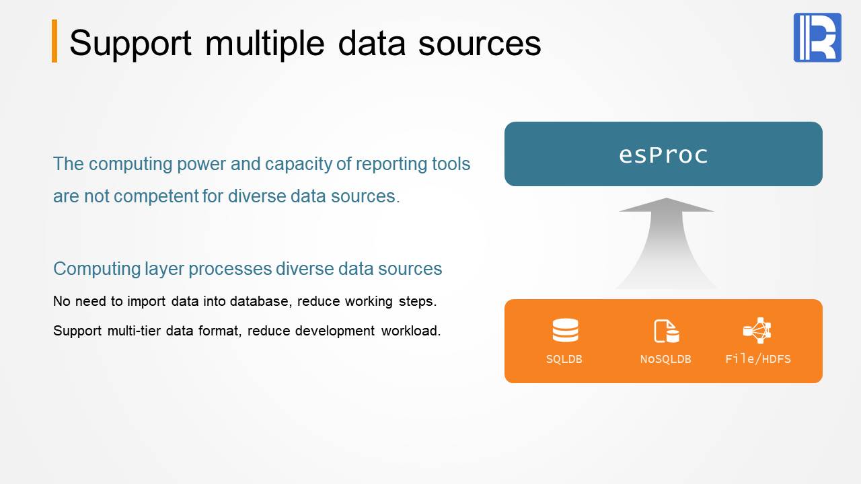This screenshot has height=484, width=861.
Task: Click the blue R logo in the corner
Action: tap(817, 37)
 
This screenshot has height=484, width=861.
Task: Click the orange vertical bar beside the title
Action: tap(54, 41)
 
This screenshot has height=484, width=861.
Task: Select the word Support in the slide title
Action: tap(130, 44)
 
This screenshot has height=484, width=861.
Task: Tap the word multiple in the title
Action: tap(265, 44)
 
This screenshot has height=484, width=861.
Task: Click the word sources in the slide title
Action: tap(480, 44)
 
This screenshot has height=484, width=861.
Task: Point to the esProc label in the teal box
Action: tap(663, 155)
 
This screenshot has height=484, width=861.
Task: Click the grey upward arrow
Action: tap(667, 243)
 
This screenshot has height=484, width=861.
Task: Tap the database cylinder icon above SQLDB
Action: tap(565, 330)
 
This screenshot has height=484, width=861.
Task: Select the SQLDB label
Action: tap(564, 359)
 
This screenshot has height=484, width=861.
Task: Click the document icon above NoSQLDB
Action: tap(666, 331)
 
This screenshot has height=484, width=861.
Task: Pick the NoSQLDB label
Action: tap(665, 359)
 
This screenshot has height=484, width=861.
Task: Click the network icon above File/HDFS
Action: tap(757, 330)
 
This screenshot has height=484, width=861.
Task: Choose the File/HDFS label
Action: tap(758, 359)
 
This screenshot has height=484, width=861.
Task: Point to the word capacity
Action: tap(298, 164)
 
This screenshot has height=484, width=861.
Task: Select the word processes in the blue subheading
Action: tap(230, 268)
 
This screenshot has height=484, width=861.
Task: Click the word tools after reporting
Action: tap(451, 164)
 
